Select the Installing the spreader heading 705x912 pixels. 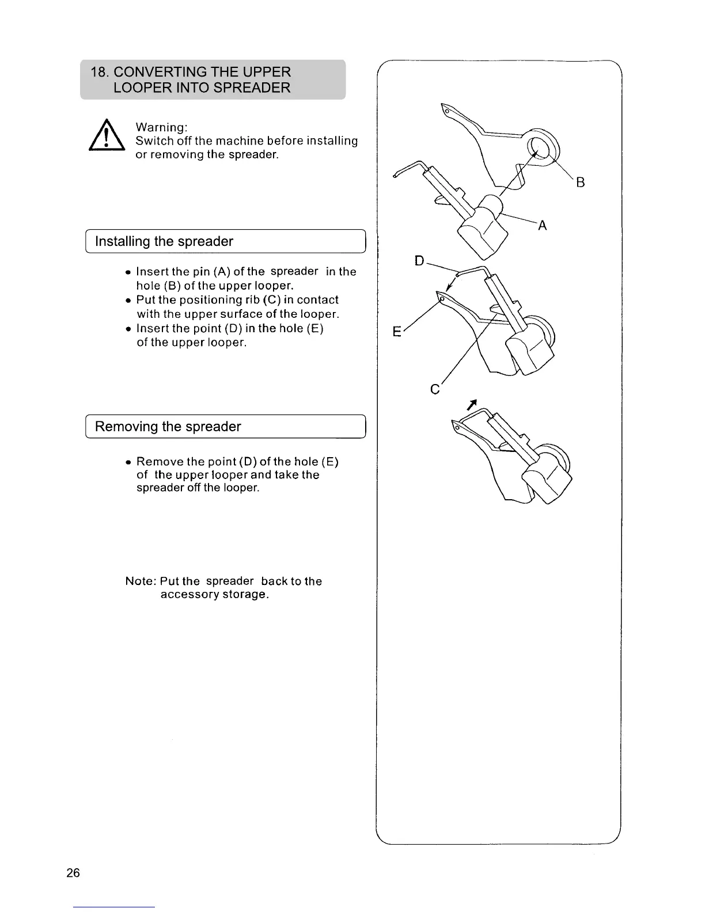click(164, 241)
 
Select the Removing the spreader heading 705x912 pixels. click(168, 427)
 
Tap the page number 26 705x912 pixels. click(73, 873)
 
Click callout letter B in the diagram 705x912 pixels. click(581, 183)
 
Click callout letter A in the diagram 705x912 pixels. click(542, 226)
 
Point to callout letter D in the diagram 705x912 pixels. click(420, 261)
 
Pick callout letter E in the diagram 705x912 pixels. click(397, 332)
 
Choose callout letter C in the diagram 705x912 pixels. click(435, 390)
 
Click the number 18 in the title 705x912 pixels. click(98, 73)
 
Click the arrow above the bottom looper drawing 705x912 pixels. click(472, 405)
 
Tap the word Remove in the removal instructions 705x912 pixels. click(158, 462)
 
